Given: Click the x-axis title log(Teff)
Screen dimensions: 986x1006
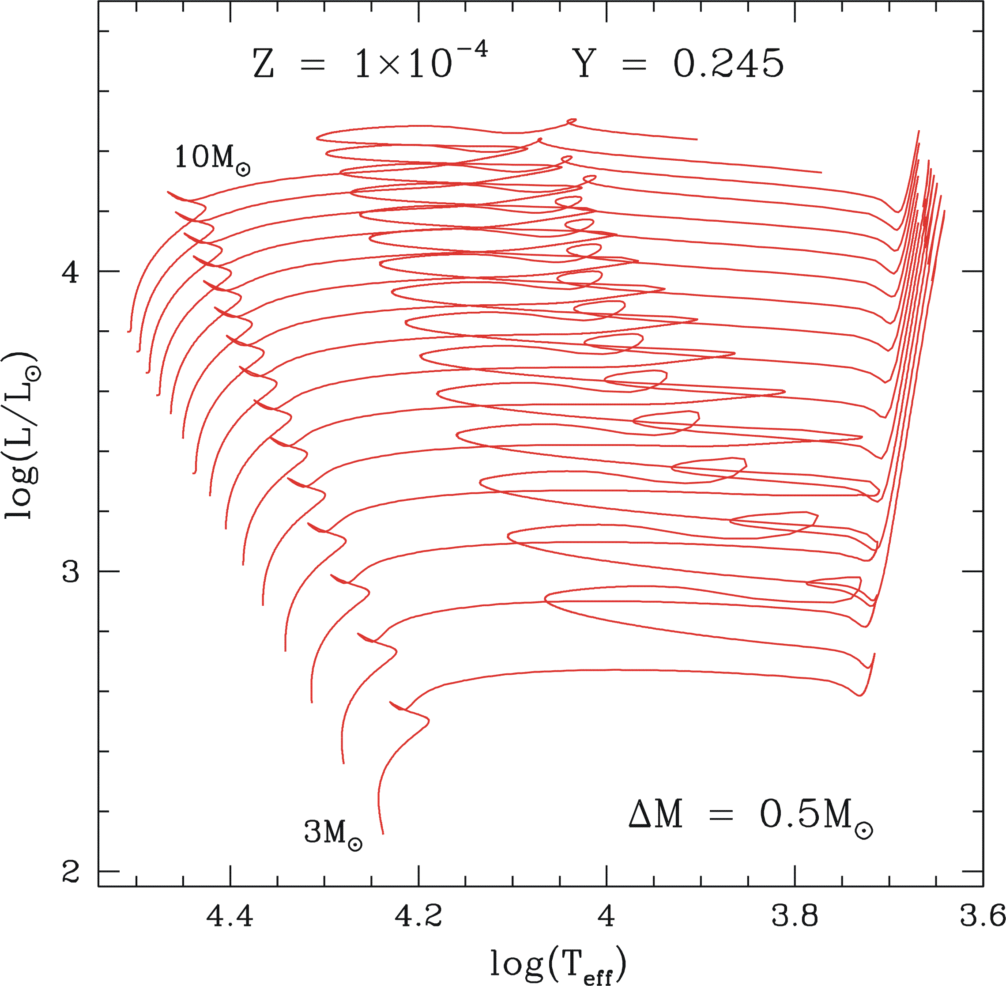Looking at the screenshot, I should (558, 964).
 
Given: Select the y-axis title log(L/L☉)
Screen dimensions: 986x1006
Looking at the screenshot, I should (22, 435).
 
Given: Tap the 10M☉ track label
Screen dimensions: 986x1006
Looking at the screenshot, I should (212, 158).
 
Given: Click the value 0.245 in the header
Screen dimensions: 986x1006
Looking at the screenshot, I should (728, 64).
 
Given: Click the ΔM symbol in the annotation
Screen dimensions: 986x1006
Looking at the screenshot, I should (656, 814).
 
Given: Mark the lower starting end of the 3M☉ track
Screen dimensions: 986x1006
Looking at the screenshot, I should (383, 834).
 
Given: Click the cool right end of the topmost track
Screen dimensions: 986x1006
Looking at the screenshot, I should (697, 139).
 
